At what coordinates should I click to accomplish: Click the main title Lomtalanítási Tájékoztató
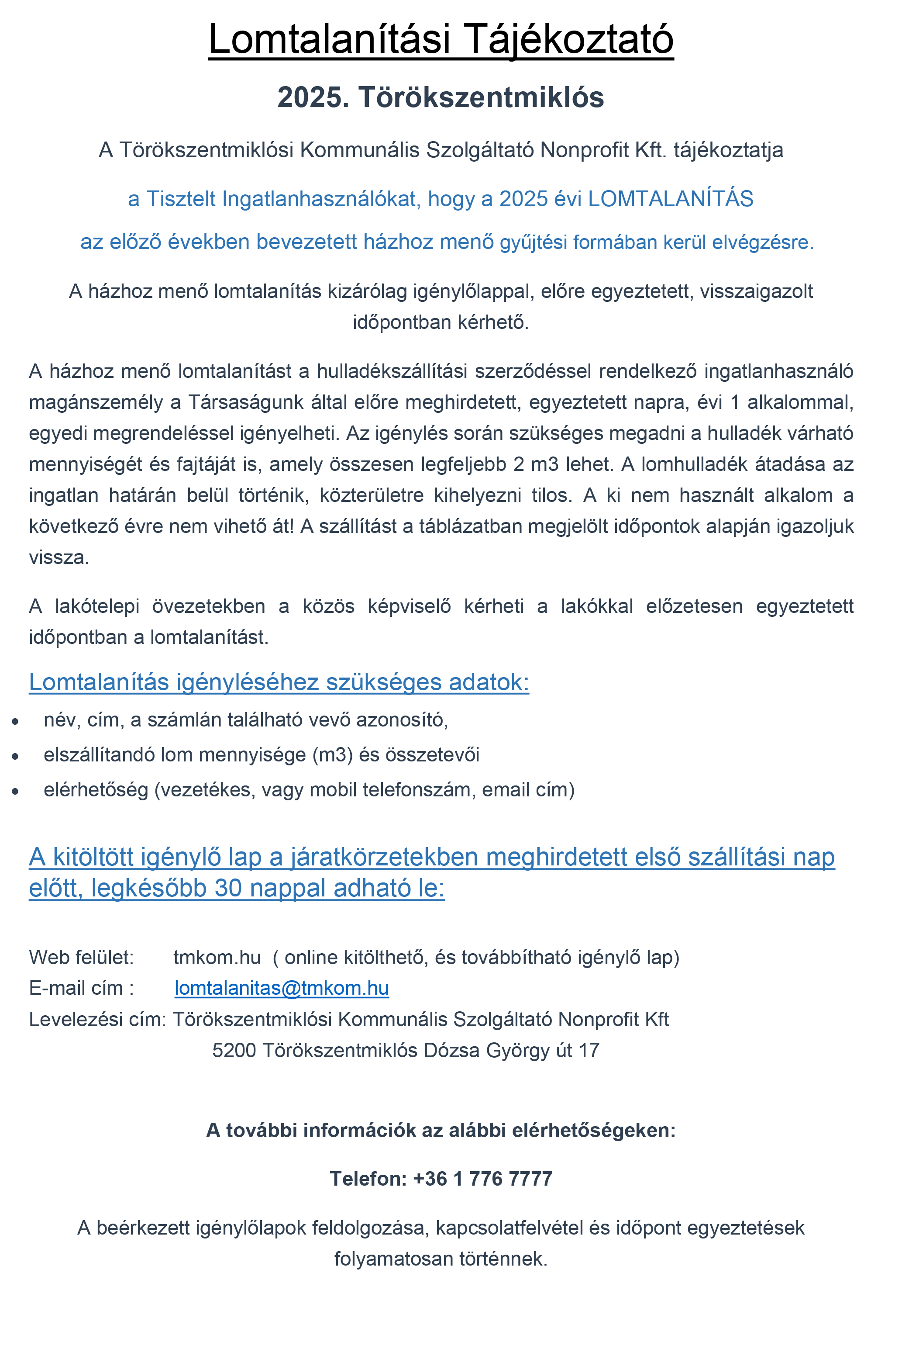click(x=441, y=39)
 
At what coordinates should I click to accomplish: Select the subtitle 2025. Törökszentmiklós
click(x=441, y=97)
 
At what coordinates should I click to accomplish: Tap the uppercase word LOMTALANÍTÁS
click(x=670, y=199)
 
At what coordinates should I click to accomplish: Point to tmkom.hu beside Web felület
click(x=217, y=957)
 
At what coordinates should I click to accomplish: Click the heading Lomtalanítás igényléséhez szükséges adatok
click(x=279, y=682)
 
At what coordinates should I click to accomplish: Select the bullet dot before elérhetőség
click(x=16, y=791)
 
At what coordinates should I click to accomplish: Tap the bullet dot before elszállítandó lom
click(x=16, y=756)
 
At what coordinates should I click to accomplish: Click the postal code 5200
click(x=234, y=1050)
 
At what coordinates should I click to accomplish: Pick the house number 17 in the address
click(x=589, y=1050)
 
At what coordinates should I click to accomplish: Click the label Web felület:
click(x=81, y=957)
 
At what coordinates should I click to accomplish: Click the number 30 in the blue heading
click(x=228, y=889)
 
